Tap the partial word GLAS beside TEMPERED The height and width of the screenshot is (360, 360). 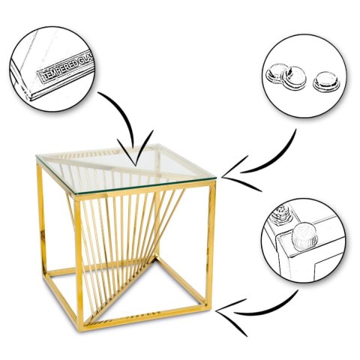coord(84,58)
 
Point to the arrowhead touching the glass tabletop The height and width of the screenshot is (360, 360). coord(135,152)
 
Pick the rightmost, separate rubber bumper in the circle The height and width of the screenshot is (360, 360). coord(326,80)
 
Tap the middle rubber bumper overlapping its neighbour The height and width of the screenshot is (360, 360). coord(294,78)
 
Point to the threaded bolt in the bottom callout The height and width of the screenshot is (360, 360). coord(282,213)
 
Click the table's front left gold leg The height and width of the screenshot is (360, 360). coord(79,262)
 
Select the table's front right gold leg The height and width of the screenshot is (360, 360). coord(211,245)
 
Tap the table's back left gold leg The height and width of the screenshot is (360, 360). coord(42,220)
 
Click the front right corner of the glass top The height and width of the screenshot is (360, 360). coord(215,177)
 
